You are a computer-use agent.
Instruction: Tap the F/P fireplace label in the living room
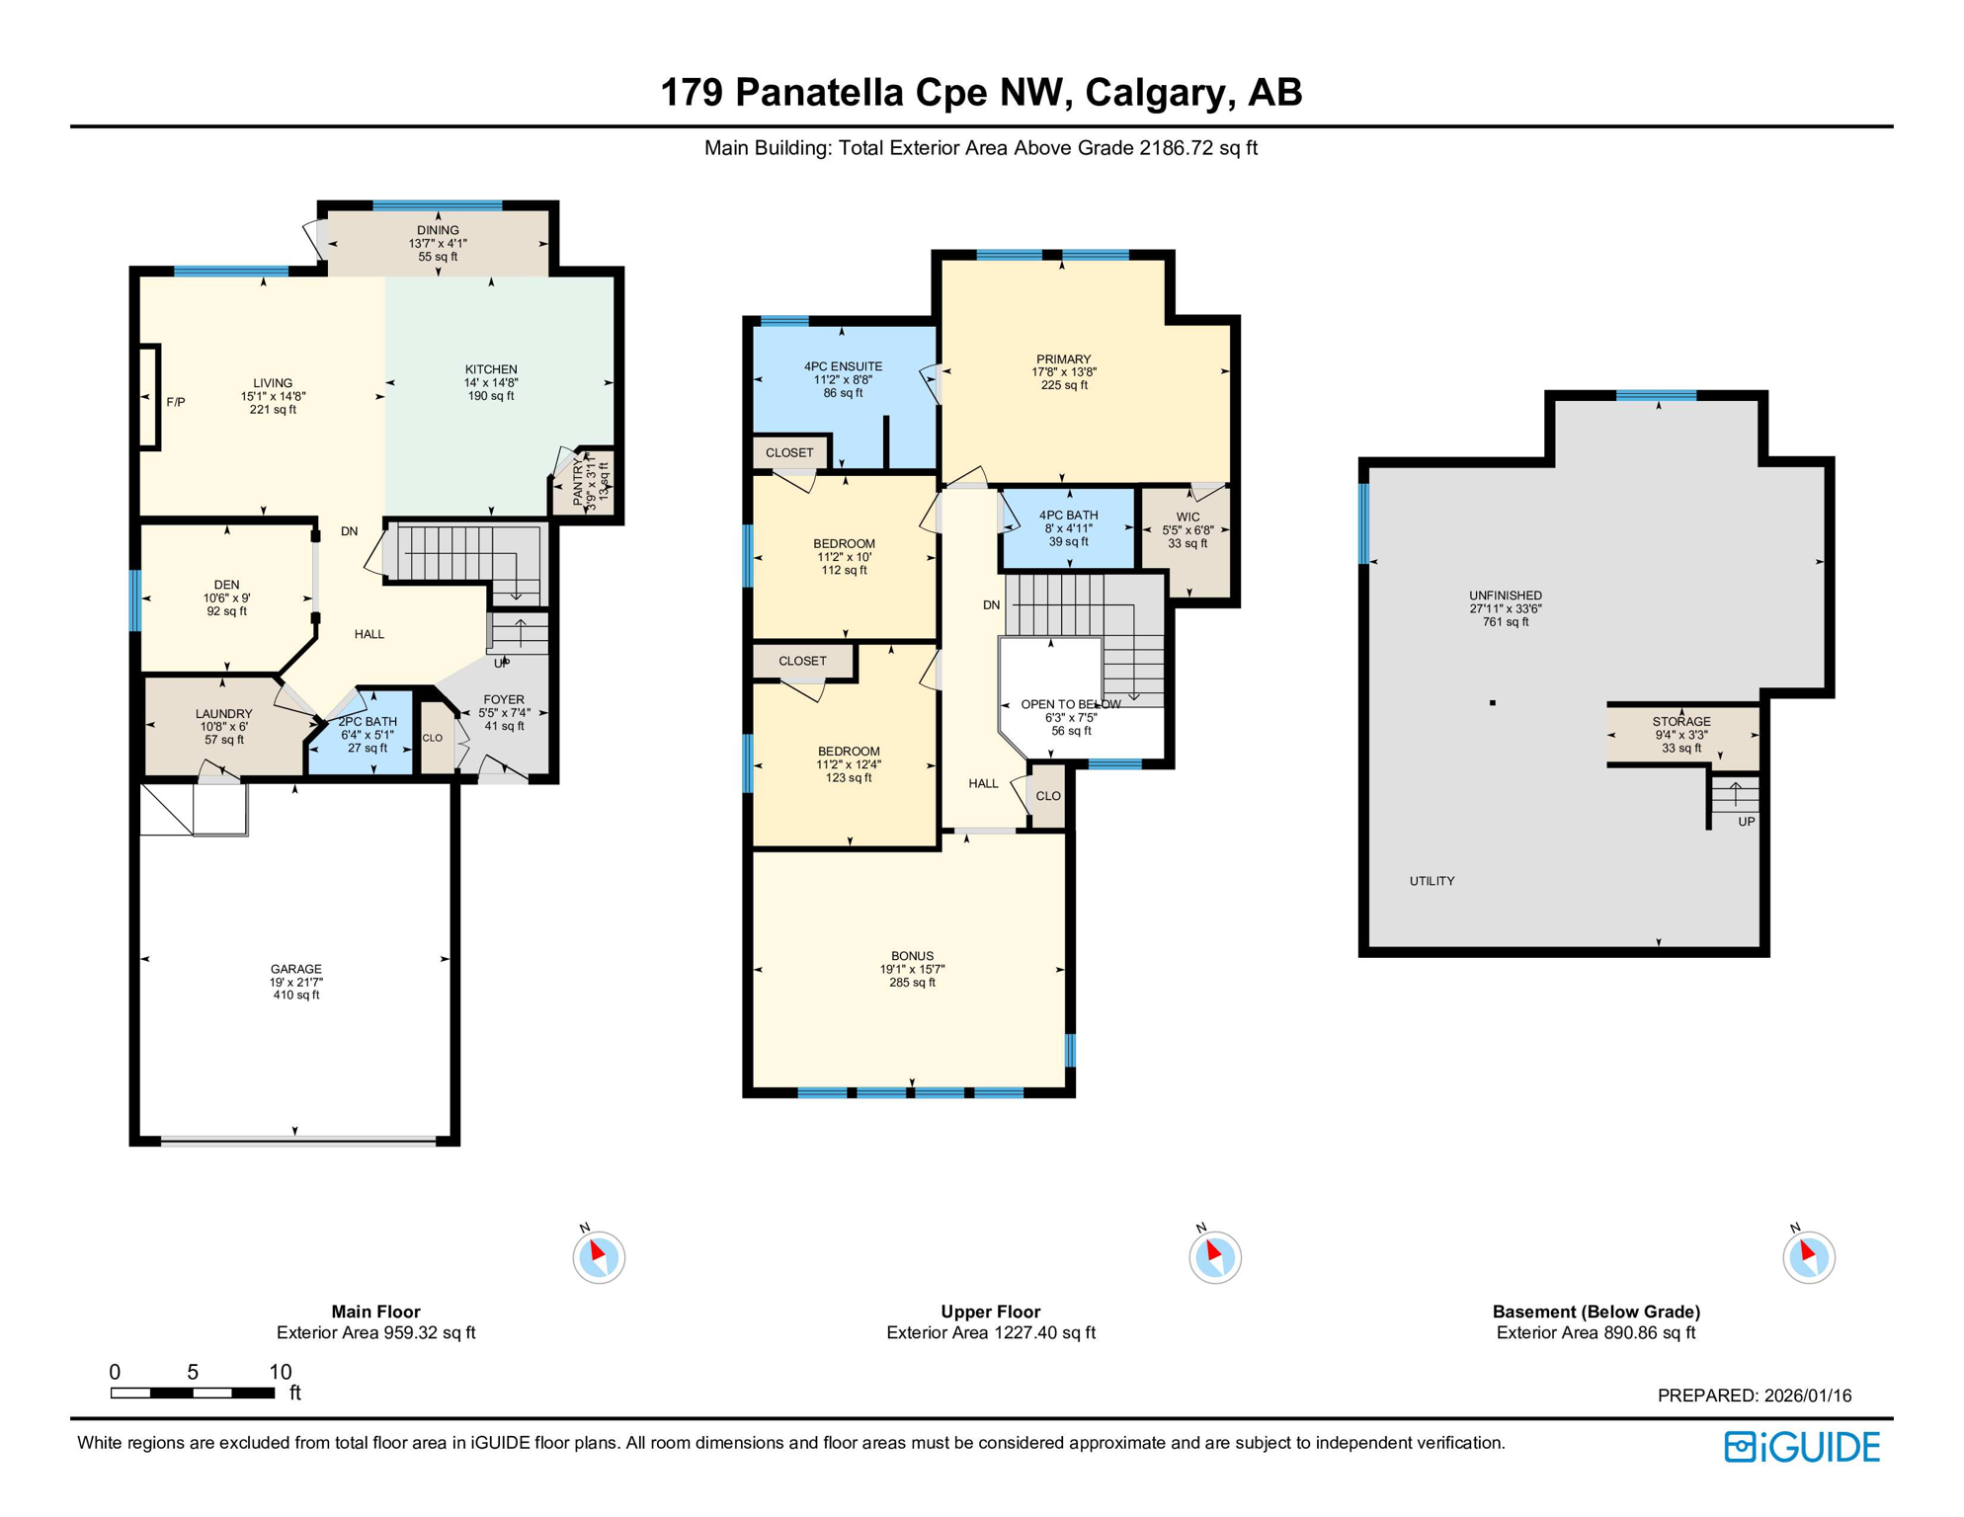tap(176, 402)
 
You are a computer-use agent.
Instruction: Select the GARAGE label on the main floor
tap(296, 969)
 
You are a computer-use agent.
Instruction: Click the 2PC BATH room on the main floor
tap(367, 734)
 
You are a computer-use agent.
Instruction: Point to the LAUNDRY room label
tap(224, 714)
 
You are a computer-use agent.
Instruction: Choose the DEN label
tap(226, 585)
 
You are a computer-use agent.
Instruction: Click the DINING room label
tap(438, 230)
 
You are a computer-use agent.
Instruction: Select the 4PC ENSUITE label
tap(843, 366)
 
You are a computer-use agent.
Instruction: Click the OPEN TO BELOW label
tap(1071, 705)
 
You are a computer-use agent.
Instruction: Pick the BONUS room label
tap(912, 956)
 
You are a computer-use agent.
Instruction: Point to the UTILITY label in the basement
tap(1432, 881)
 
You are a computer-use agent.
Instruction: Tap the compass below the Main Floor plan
tap(599, 1257)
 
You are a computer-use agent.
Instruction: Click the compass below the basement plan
tap(1808, 1257)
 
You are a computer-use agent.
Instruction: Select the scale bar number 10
tap(281, 1372)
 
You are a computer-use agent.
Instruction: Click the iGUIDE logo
tap(1802, 1448)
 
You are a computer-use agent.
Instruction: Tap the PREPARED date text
tap(1754, 1396)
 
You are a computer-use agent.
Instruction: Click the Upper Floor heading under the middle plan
tap(990, 1312)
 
